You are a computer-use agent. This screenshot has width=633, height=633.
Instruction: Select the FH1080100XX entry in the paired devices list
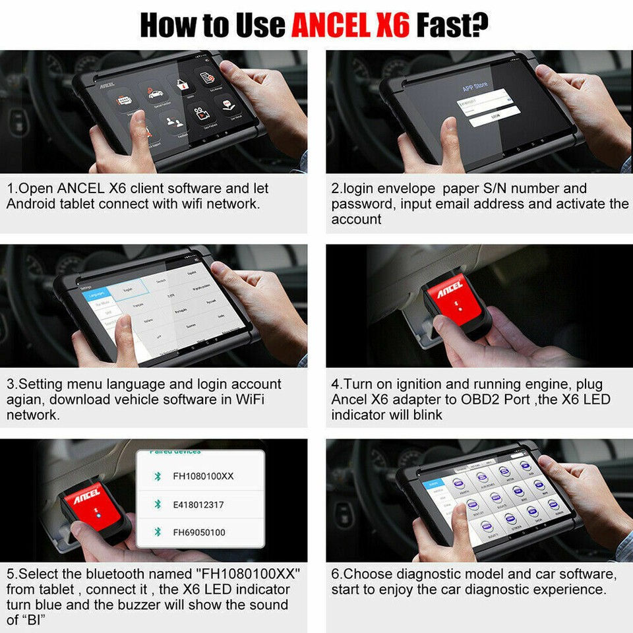203,476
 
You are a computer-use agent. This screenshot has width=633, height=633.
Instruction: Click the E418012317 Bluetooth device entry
198,504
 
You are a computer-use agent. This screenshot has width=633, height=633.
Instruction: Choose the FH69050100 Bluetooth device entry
198,532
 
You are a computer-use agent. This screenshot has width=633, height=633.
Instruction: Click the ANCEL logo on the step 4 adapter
450,288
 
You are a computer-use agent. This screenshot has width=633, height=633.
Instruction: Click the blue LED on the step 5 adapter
98,516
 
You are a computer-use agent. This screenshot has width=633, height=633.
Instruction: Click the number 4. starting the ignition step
337,384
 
